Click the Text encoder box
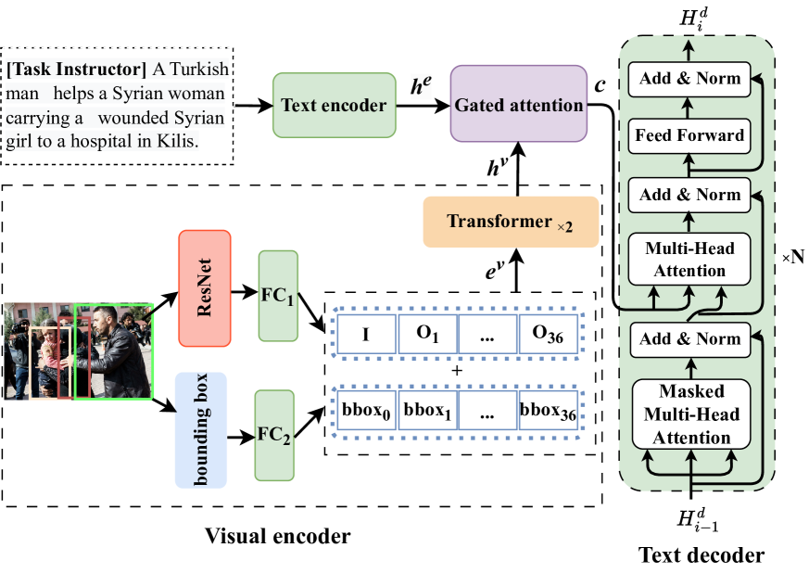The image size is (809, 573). (x=335, y=106)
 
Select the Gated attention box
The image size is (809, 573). (x=519, y=103)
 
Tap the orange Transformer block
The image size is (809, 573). (x=511, y=222)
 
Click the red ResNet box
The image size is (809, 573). (x=204, y=288)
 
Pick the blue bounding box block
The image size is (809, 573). (x=201, y=429)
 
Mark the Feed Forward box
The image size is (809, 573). (x=689, y=135)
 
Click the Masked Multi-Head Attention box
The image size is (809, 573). (x=689, y=413)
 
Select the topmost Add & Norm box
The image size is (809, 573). (x=689, y=78)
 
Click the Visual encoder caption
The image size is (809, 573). (x=277, y=536)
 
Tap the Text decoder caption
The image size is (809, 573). (x=702, y=555)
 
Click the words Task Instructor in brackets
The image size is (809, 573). (x=77, y=70)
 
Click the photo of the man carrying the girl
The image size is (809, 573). (x=78, y=350)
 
